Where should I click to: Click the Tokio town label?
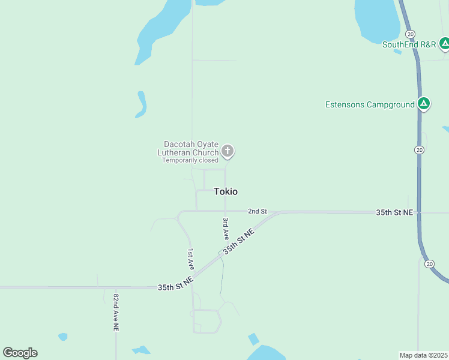pos(226,191)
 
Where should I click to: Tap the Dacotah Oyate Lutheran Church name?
pos(187,148)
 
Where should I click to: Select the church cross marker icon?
pos(227,151)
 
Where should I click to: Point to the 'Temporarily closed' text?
pos(190,160)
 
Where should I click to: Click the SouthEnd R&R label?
pos(409,44)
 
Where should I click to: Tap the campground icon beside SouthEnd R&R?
pos(444,43)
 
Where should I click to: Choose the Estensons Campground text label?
pos(370,104)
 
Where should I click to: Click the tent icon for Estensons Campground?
pos(424,104)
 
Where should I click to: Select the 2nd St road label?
pos(257,212)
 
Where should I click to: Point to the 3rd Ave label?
pos(225,229)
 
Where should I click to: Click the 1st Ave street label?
pos(190,258)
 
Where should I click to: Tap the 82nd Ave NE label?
pos(116,312)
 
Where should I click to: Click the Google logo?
pos(20,353)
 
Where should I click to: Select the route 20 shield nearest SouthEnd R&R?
pos(410,34)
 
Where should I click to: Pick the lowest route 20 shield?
pos(429,263)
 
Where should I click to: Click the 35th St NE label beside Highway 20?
pos(394,212)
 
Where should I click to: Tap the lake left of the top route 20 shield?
pos(377,18)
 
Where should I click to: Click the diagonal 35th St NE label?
pos(239,241)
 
